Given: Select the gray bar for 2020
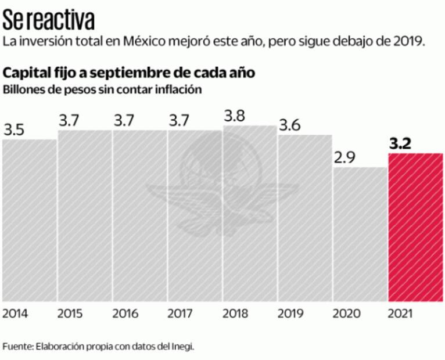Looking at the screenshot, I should click(x=360, y=235).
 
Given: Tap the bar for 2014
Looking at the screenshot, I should click(x=30, y=221).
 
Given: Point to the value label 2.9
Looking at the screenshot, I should click(x=344, y=157).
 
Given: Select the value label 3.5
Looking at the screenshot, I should click(x=15, y=129).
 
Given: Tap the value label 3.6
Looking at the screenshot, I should click(x=290, y=125).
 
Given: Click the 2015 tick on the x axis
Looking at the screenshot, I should click(x=70, y=314).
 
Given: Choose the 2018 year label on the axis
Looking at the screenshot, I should click(x=235, y=314).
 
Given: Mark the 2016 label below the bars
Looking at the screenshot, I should click(x=125, y=314).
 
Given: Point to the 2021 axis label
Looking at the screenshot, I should click(x=400, y=314).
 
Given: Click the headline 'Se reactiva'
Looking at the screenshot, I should click(x=49, y=21).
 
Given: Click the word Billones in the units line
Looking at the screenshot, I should click(x=21, y=90).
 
